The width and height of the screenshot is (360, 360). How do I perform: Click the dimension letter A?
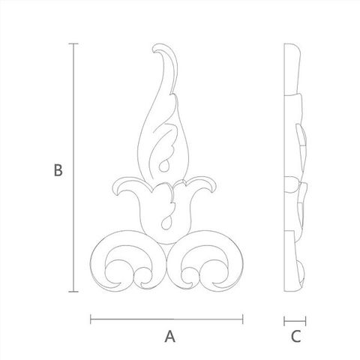pyautogui.click(x=170, y=336)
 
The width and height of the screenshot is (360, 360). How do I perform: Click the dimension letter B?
pyautogui.click(x=58, y=170)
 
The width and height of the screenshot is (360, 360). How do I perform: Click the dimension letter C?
pyautogui.click(x=295, y=336)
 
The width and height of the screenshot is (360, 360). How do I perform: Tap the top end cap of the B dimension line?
pyautogui.click(x=73, y=43)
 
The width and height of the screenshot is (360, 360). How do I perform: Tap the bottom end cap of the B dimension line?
pyautogui.click(x=73, y=292)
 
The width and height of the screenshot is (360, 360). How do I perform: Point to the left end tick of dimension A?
pyautogui.click(x=91, y=319)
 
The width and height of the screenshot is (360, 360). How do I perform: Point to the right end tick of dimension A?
pyautogui.click(x=242, y=319)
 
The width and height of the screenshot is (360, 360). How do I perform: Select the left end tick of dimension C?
pyautogui.click(x=284, y=321)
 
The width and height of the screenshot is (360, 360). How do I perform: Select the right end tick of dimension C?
pyautogui.click(x=305, y=321)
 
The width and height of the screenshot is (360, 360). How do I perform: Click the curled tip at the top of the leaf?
pyautogui.click(x=155, y=48)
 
